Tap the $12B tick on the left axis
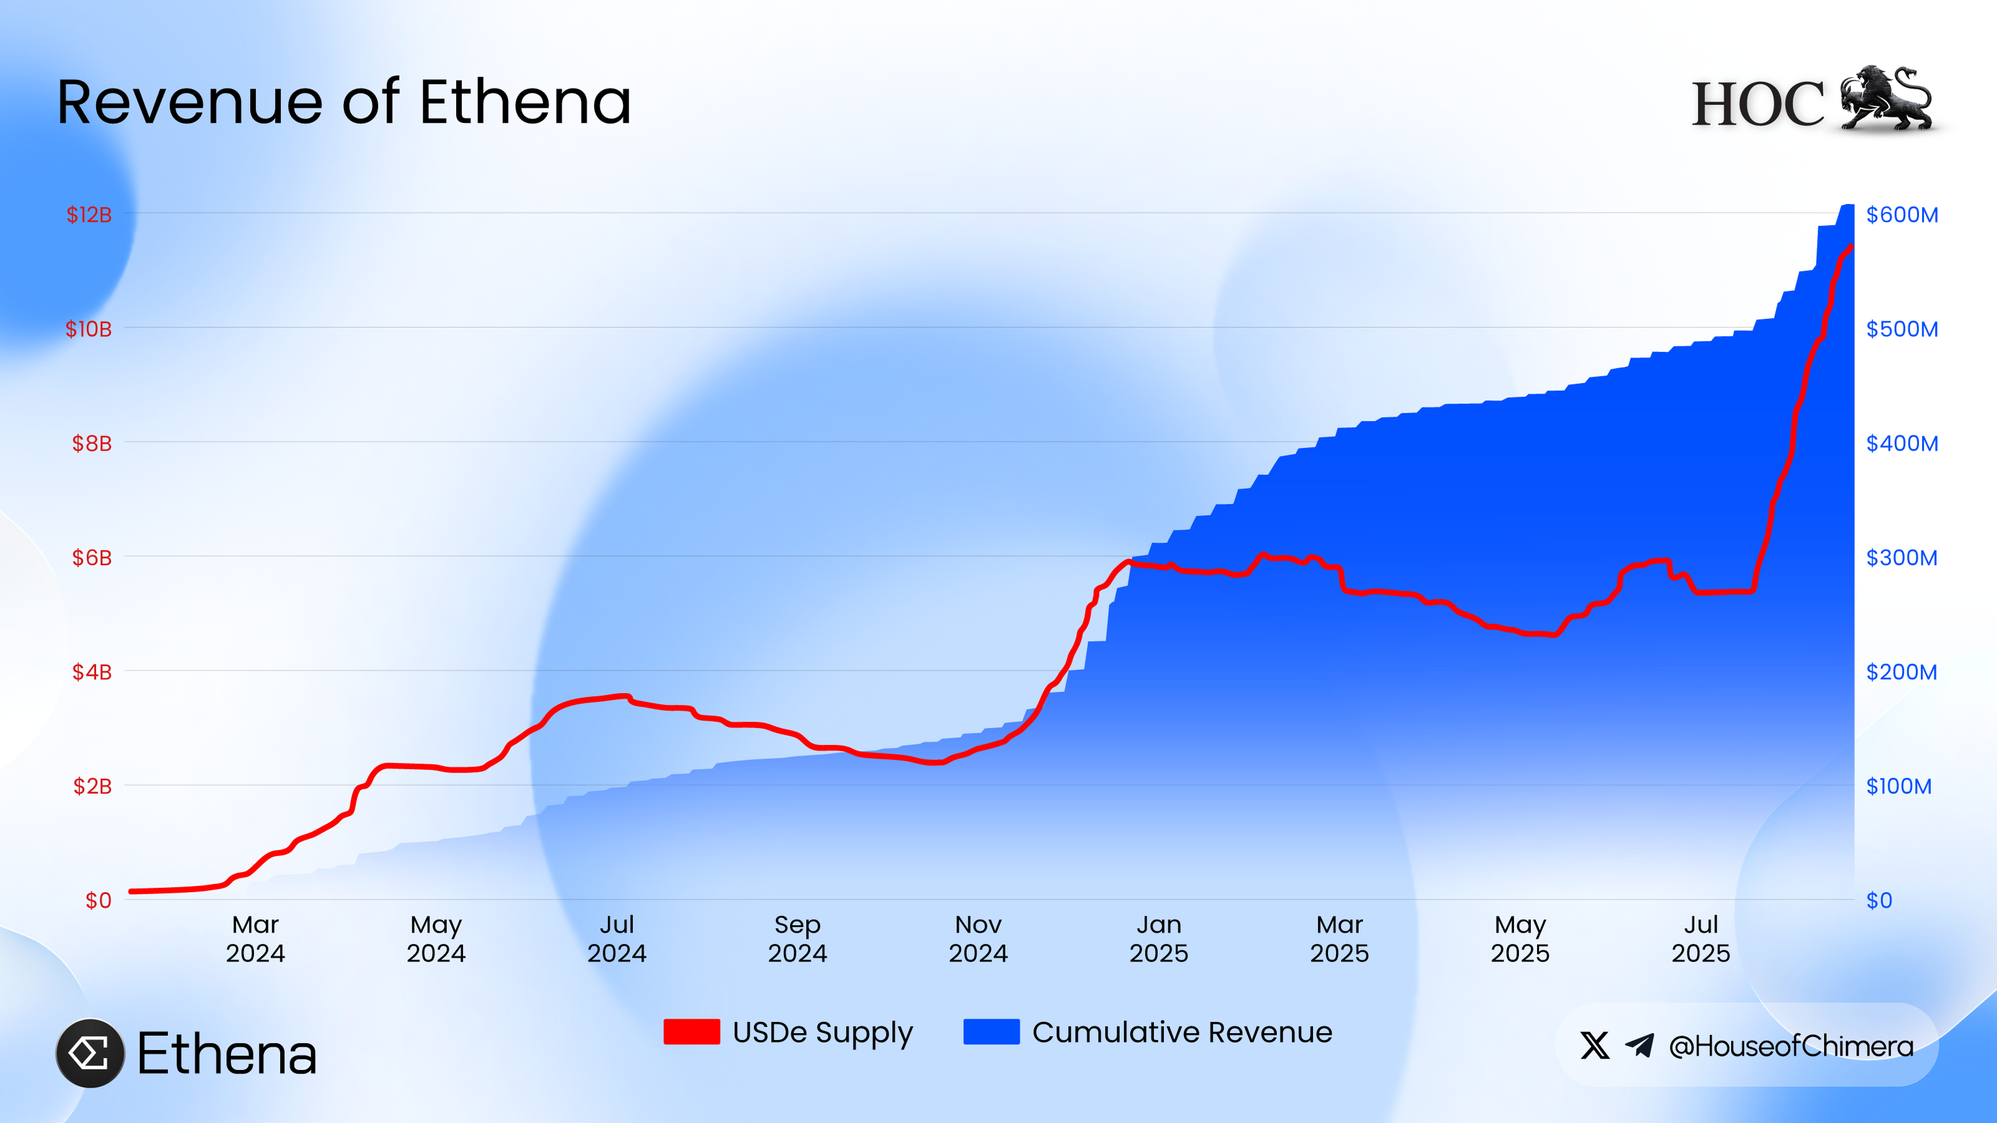point(89,215)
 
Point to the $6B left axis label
point(92,557)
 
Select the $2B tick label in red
point(92,786)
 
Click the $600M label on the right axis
point(1902,215)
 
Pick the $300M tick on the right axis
point(1901,557)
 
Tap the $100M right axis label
point(1898,786)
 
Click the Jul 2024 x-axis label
point(617,938)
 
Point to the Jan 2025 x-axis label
point(1158,938)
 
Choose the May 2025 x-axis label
point(1520,938)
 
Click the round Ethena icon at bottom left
point(90,1053)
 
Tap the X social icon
point(1594,1046)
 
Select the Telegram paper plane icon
point(1639,1046)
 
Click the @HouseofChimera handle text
point(1791,1046)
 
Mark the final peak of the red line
point(1850,247)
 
